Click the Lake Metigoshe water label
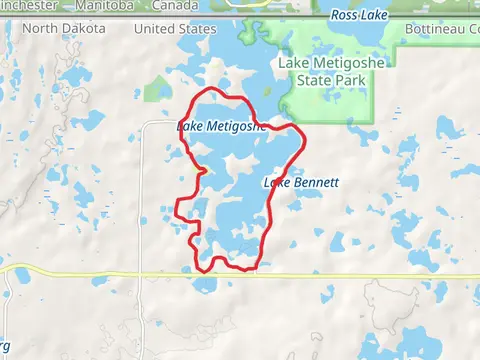click(221, 126)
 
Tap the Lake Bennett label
click(301, 183)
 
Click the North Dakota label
click(63, 29)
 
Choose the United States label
click(174, 29)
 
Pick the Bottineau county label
click(441, 29)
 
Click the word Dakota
click(82, 29)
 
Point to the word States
click(196, 29)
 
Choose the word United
click(153, 29)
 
